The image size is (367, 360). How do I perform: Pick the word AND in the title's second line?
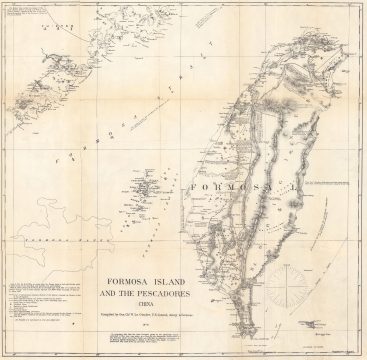tap(122, 268)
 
